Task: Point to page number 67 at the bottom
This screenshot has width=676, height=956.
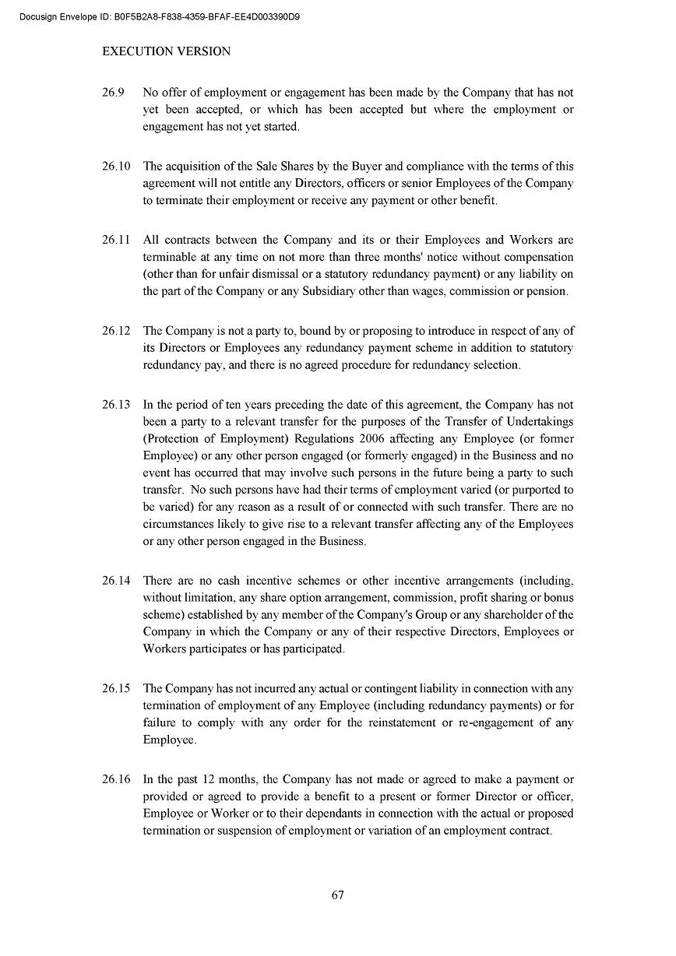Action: pyautogui.click(x=338, y=894)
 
